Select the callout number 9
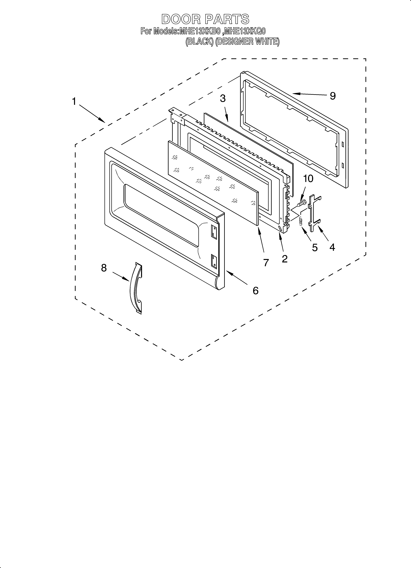pos(333,96)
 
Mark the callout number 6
pos(255,290)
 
